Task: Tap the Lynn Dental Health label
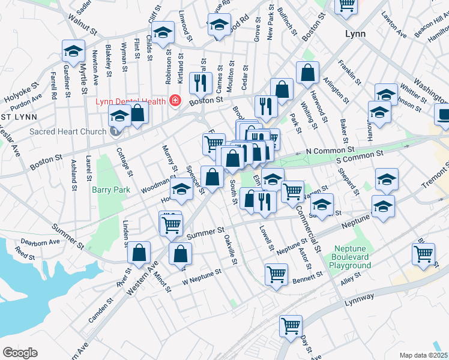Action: point(130,101)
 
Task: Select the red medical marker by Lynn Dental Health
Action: point(175,101)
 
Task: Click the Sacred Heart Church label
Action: point(68,131)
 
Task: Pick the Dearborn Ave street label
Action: point(41,242)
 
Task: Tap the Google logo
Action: point(20,353)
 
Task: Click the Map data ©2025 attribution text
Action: point(423,355)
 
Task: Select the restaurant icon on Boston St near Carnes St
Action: point(199,82)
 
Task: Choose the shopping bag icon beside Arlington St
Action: point(307,72)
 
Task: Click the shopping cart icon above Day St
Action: point(291,326)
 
